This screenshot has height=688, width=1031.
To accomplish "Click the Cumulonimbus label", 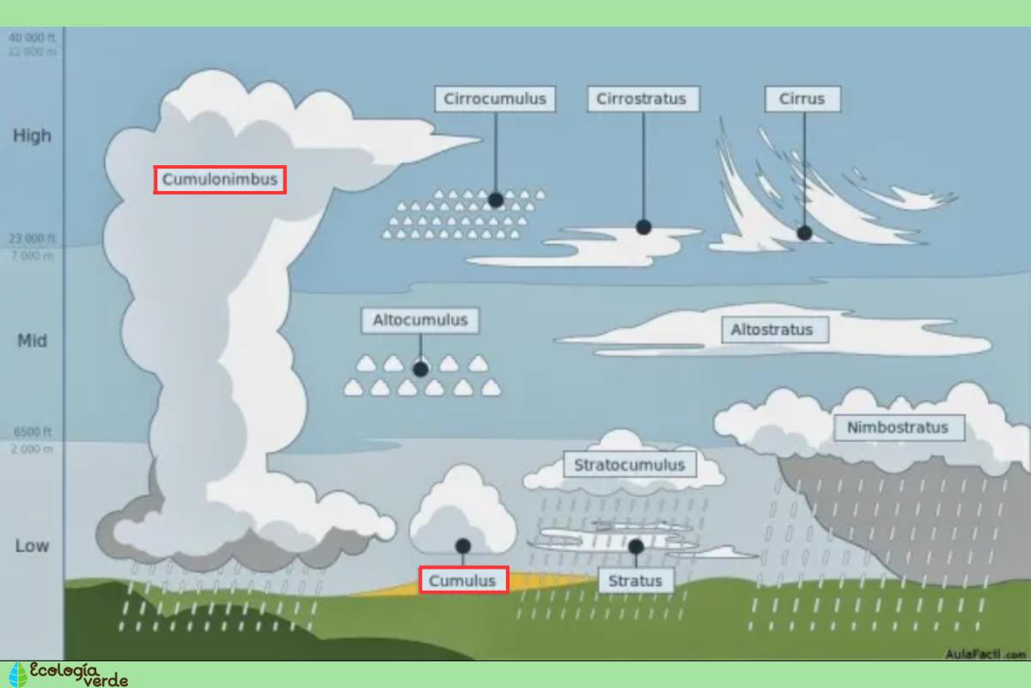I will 220,180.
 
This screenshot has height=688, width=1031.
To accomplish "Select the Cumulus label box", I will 463,580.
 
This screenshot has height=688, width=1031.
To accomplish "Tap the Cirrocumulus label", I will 495,99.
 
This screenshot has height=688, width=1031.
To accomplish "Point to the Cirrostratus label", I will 642,99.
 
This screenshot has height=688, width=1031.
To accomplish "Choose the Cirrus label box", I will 802,99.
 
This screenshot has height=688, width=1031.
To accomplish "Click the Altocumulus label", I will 420,320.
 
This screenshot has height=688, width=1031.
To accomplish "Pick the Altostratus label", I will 772,329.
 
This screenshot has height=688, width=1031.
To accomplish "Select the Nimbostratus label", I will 898,427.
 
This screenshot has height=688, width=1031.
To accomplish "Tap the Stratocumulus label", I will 630,465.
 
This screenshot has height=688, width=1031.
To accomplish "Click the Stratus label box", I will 635,580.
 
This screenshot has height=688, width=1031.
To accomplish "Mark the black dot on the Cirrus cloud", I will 804,232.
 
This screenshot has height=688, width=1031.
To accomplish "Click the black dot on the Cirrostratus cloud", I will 644,227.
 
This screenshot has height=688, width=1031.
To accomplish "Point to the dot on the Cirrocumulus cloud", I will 496,200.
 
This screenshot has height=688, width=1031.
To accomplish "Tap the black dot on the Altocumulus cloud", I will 420,369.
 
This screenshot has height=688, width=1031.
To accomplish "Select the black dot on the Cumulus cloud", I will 463,545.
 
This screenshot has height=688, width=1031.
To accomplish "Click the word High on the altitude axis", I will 32,136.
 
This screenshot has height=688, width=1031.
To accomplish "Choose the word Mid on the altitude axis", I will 32,341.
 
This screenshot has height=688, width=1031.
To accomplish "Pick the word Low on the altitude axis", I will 32,546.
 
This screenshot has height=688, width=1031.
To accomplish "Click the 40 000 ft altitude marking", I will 32,38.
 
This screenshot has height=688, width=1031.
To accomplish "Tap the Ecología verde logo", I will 69,674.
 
